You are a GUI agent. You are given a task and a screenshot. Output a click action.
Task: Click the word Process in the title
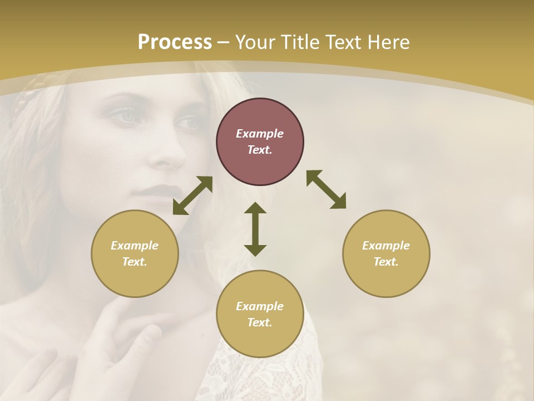pyautogui.click(x=175, y=42)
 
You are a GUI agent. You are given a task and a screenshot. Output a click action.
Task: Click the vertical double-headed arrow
pyautogui.click(x=255, y=229)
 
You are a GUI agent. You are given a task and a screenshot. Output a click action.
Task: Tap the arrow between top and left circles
pyautogui.click(x=192, y=195)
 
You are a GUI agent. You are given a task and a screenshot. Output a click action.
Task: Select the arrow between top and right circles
pyautogui.click(x=326, y=189)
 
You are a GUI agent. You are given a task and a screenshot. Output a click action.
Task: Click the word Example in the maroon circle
pyautogui.click(x=260, y=134)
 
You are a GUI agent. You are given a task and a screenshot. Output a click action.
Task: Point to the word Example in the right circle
pyautogui.click(x=386, y=246)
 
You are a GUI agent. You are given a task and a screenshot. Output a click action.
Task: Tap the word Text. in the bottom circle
pyautogui.click(x=260, y=322)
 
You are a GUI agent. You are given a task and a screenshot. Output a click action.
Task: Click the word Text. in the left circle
pyautogui.click(x=135, y=262)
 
